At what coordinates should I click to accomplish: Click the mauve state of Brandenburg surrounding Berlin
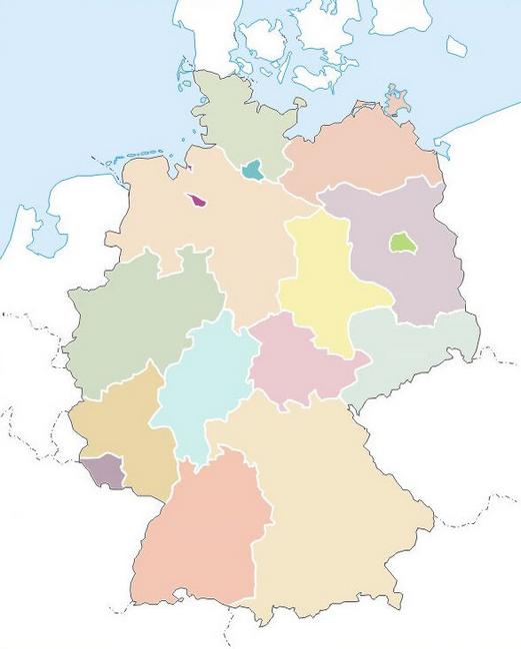(x=400, y=280)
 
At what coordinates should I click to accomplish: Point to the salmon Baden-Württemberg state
(x=200, y=539)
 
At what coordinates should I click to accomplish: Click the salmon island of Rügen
(x=399, y=103)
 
